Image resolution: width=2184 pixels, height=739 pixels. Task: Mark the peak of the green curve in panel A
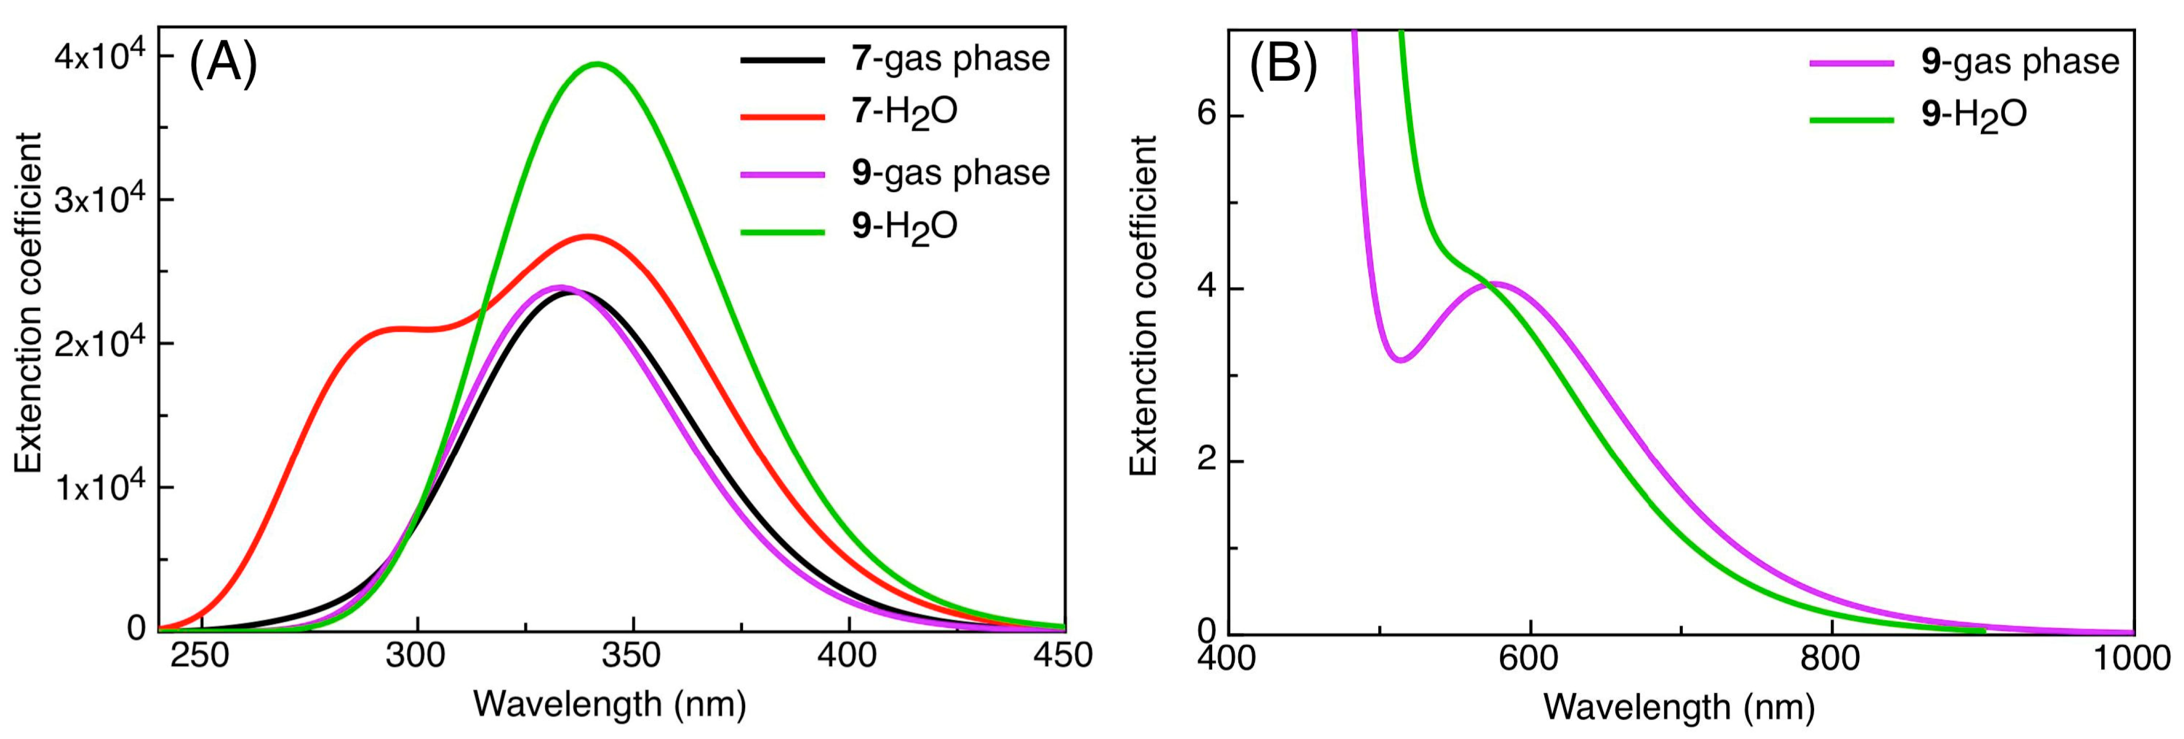coord(598,63)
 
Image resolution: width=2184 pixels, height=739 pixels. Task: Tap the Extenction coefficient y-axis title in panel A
coord(29,302)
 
